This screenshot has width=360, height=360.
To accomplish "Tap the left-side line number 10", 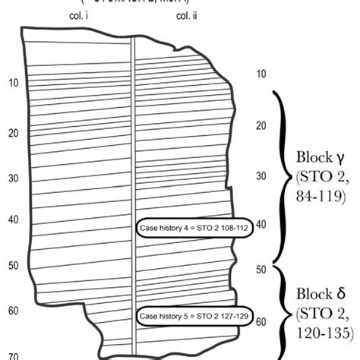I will (x=13, y=82).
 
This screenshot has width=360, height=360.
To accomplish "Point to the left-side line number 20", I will (x=13, y=133).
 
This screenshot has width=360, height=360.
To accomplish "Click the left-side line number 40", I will (x=13, y=220).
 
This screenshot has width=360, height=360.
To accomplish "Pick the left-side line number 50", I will (x=13, y=266).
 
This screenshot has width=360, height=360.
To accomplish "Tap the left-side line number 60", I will (x=13, y=311).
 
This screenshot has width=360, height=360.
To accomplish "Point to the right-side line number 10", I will (x=261, y=74).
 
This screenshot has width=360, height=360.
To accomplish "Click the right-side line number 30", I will (x=261, y=175).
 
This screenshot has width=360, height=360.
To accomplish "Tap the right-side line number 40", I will (x=261, y=224).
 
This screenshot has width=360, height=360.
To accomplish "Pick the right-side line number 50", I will (x=261, y=270).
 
